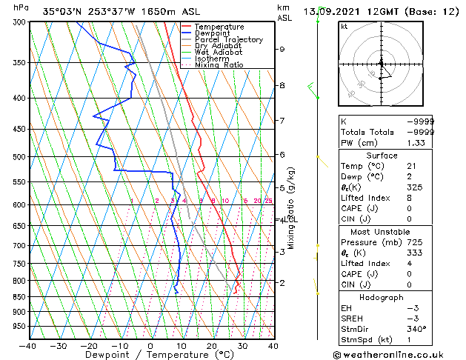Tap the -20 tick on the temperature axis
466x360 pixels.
(x=89, y=346)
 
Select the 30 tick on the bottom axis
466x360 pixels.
(x=242, y=346)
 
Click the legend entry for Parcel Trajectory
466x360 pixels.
(x=228, y=40)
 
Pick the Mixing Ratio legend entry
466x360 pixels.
(x=219, y=65)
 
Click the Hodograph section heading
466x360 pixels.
(x=382, y=297)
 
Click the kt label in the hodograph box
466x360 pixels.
(x=344, y=27)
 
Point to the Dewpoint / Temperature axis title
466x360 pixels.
(x=150, y=356)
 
